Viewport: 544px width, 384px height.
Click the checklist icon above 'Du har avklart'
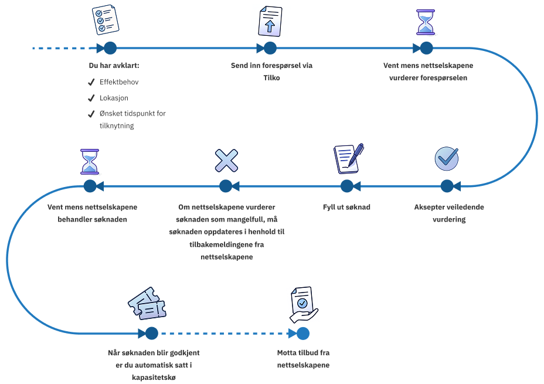click(106, 20)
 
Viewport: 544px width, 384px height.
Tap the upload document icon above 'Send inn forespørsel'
click(270, 22)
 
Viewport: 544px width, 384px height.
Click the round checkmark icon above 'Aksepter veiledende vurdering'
click(447, 158)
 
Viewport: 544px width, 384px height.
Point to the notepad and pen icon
click(348, 158)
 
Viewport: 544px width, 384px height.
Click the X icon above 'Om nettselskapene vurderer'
click(226, 161)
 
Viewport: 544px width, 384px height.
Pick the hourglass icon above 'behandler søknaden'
click(90, 161)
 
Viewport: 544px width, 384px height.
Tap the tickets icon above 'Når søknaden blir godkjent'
click(147, 304)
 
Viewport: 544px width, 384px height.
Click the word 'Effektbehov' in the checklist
click(119, 82)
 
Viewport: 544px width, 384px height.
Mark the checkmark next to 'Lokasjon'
click(91, 98)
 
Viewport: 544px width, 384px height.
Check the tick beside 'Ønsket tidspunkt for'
click(91, 114)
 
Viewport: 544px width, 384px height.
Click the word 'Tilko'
click(271, 78)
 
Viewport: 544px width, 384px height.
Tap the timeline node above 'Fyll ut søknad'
click(347, 186)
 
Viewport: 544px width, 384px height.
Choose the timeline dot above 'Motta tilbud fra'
click(302, 334)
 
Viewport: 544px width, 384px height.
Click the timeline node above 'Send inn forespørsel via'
click(270, 48)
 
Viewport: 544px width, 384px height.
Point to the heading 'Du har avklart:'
click(114, 66)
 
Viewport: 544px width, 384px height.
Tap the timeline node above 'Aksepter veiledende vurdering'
click(447, 186)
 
